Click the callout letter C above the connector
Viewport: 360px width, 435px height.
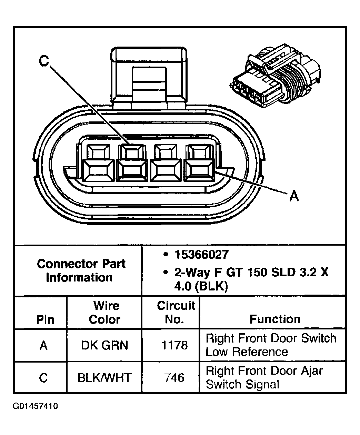pos(44,61)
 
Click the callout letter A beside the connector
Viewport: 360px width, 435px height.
pos(294,196)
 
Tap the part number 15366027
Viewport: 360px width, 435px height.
pos(201,255)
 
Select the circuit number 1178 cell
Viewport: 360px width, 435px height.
pos(174,345)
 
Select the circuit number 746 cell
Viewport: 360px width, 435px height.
pos(174,378)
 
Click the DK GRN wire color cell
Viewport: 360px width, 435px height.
pos(104,345)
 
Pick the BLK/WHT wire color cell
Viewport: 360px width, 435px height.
pos(104,378)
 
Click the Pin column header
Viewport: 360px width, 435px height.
pos(45,319)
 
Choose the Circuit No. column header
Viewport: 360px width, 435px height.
pos(176,313)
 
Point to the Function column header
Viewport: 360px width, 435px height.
pos(275,319)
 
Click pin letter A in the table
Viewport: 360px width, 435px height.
pos(43,345)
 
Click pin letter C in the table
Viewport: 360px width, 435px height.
pos(43,378)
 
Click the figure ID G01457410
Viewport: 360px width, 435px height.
pos(36,406)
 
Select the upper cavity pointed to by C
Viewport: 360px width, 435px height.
pos(132,151)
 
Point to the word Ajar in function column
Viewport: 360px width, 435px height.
pos(311,371)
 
